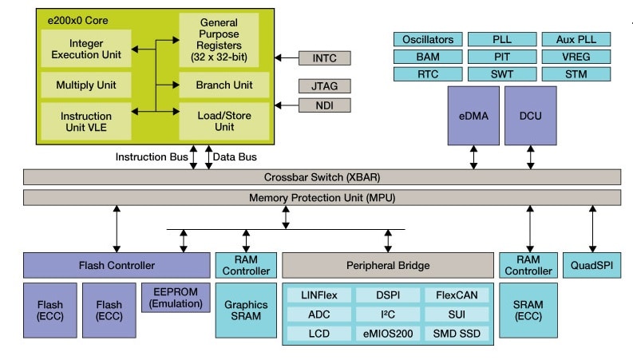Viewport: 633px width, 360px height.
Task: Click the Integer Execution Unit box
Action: tap(86, 49)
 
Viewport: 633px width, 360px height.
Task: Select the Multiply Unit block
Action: tap(86, 85)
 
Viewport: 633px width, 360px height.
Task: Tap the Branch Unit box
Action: tap(224, 85)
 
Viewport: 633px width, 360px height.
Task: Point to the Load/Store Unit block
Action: tap(224, 121)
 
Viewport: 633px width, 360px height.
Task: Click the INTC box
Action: tap(323, 57)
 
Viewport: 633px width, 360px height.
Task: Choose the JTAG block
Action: tap(323, 86)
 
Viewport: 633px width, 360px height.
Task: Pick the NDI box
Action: tap(323, 105)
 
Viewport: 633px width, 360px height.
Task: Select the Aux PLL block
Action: tap(576, 39)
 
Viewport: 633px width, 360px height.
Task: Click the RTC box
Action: tap(428, 74)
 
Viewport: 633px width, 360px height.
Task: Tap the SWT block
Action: tap(502, 74)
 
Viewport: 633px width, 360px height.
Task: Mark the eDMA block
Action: tap(473, 115)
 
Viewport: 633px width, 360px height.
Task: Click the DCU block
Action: tap(530, 115)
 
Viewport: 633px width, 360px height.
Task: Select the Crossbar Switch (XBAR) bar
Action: tap(322, 176)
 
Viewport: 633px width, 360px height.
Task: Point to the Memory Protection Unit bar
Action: tap(322, 197)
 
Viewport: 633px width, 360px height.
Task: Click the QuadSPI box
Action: tap(591, 265)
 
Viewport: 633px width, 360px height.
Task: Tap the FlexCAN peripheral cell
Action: tap(457, 295)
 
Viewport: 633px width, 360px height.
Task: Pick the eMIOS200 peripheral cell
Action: tap(387, 332)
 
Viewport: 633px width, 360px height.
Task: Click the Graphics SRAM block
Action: tap(246, 310)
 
